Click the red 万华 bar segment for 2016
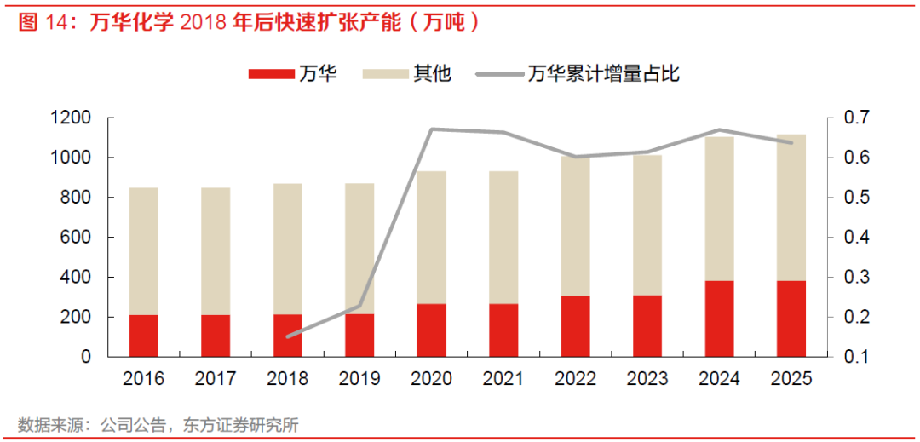coord(144,336)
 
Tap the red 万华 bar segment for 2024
coord(719,319)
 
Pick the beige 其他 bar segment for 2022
coord(575,227)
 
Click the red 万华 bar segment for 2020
coord(431,330)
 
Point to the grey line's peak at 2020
coord(431,129)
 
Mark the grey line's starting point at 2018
coord(288,336)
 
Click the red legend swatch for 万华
coord(271,74)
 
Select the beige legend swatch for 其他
coord(385,74)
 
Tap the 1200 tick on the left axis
coord(76,118)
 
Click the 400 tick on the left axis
coord(81,278)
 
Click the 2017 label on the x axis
coord(216,378)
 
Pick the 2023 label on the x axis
coord(647,378)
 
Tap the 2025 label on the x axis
coord(791,378)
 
